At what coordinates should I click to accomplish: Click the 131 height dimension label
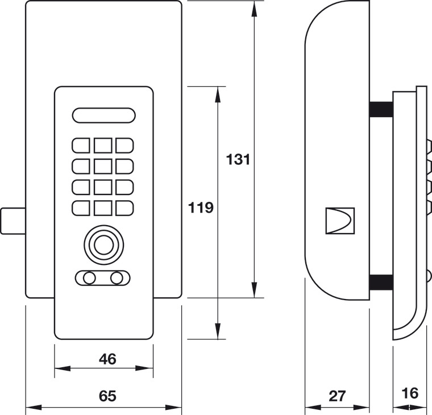[x=238, y=160]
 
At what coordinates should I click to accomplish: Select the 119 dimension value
[x=201, y=208]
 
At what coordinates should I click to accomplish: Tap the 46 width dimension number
[x=108, y=359]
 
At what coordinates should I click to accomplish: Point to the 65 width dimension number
[x=108, y=396]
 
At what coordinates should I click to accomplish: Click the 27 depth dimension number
[x=337, y=396]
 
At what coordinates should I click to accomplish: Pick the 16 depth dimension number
[x=410, y=393]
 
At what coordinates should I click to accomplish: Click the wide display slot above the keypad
[x=104, y=115]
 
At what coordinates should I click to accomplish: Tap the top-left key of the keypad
[x=81, y=146]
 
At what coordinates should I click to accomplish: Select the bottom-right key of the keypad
[x=124, y=208]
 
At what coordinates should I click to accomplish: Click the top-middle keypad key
[x=103, y=146]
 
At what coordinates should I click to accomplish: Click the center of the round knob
[x=104, y=244]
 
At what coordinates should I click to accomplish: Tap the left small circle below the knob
[x=89, y=278]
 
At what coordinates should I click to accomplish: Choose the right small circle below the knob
[x=117, y=278]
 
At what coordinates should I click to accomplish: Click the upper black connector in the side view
[x=381, y=109]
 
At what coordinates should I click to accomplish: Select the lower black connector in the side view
[x=381, y=282]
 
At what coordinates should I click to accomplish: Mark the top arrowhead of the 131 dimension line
[x=254, y=9]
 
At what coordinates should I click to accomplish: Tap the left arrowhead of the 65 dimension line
[x=34, y=407]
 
